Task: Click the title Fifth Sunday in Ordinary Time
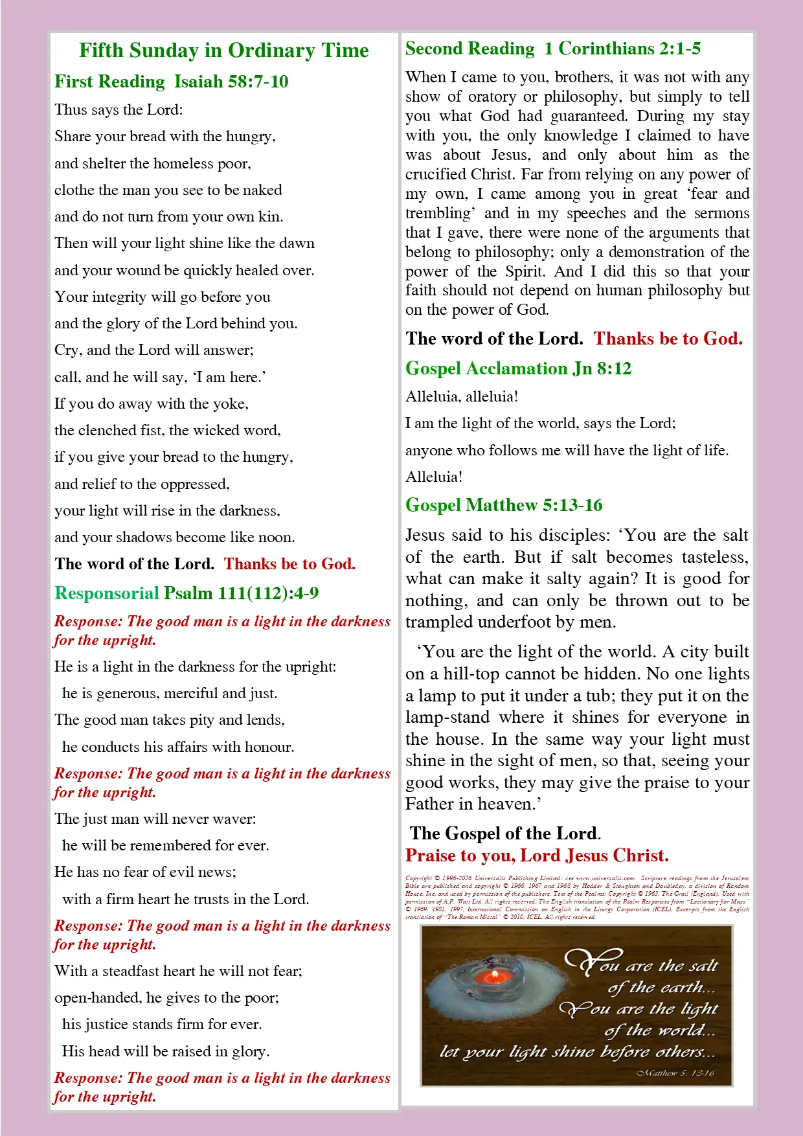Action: coord(223,51)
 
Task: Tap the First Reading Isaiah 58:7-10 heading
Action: coord(171,82)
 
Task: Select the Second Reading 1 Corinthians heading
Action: coord(552,49)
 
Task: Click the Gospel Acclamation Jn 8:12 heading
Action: coord(518,369)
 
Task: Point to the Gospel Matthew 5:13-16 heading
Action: coord(504,505)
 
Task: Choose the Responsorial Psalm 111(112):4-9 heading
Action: coord(187,593)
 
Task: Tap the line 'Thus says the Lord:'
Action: coord(119,109)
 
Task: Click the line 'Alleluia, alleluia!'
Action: coord(462,396)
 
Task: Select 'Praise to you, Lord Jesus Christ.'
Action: coord(537,856)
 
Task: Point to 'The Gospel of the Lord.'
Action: coord(505,834)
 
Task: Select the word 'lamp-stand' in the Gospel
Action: coord(447,718)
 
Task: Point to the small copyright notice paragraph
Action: coord(577,898)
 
